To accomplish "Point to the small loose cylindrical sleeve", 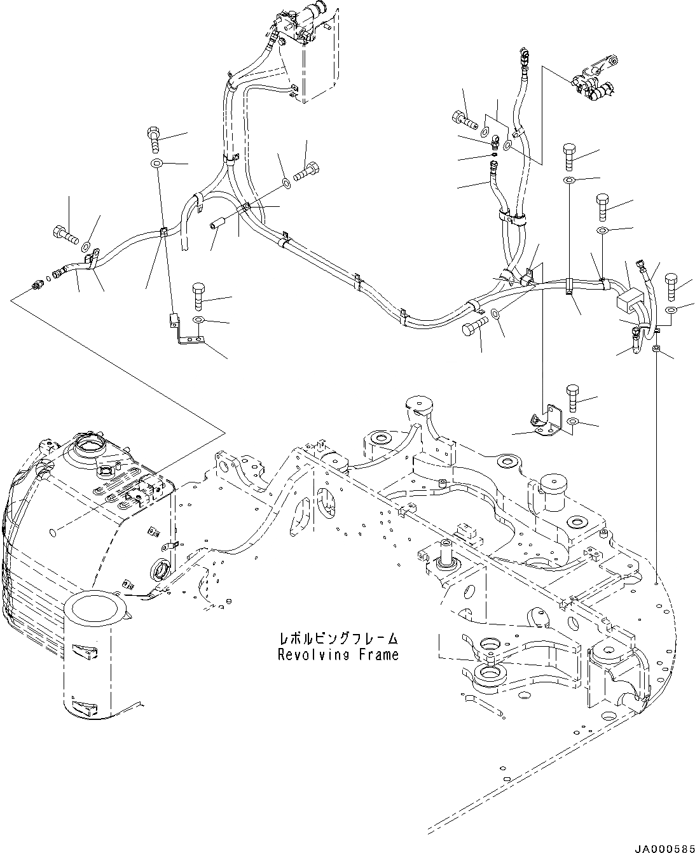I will (219, 226).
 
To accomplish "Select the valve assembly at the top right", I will (593, 83).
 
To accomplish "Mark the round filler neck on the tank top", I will (88, 444).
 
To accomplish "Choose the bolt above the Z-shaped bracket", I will (198, 295).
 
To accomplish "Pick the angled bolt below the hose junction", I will (474, 328).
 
